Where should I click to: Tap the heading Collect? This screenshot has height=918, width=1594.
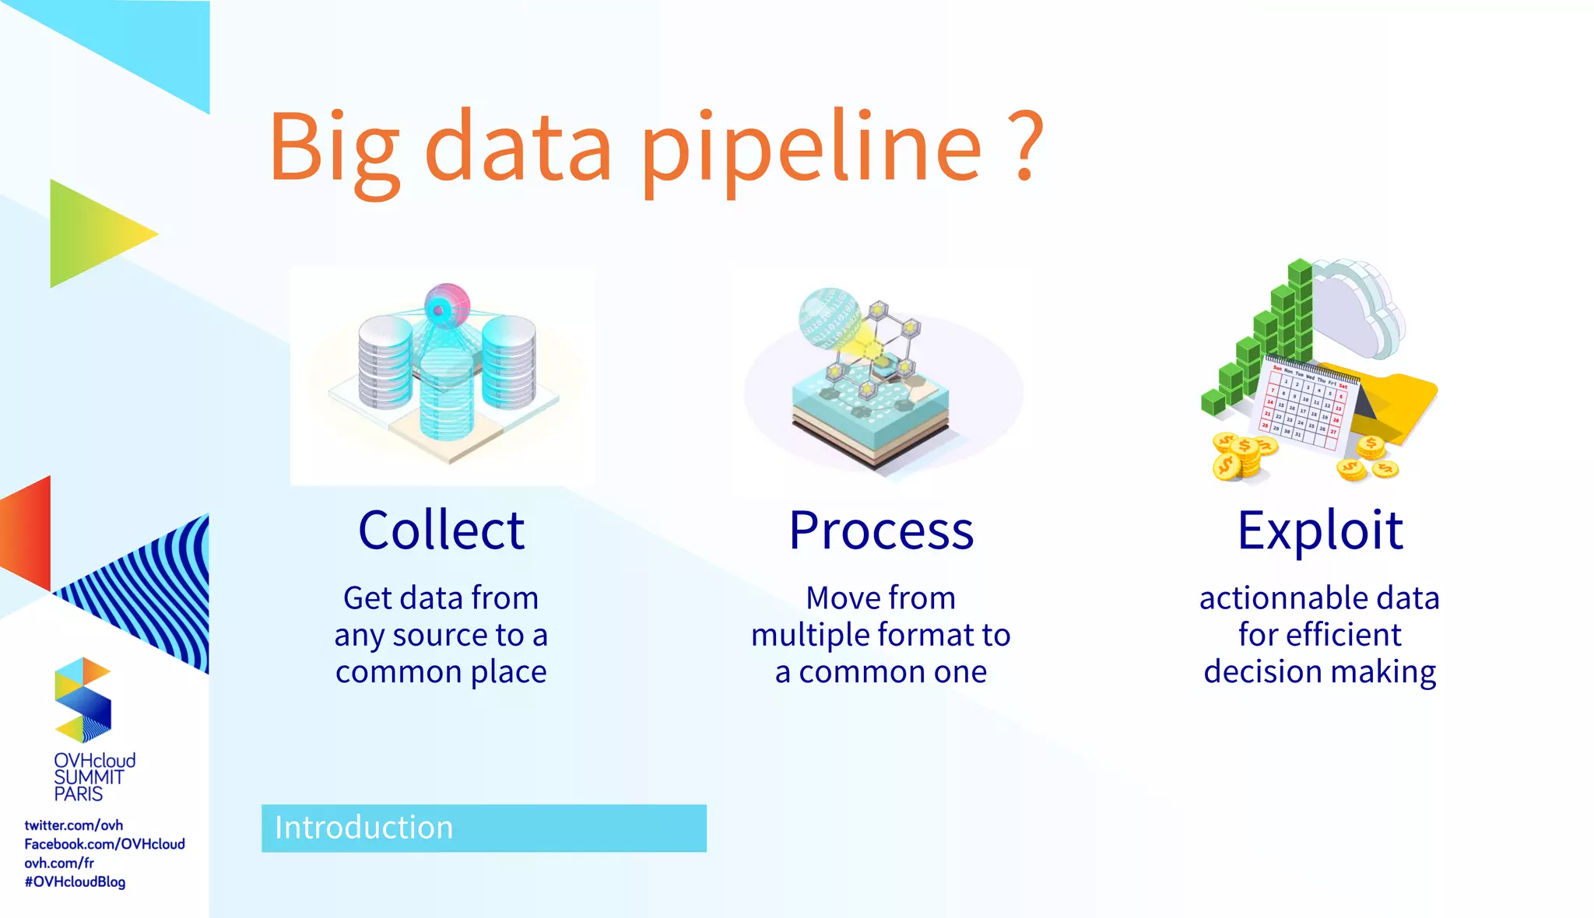(441, 531)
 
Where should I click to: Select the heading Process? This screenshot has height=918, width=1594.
(880, 531)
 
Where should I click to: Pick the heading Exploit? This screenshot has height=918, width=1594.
(1320, 531)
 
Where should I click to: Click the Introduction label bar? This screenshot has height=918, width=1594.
(483, 828)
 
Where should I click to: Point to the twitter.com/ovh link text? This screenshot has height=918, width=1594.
(74, 825)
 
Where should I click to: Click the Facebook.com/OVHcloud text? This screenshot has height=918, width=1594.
(104, 844)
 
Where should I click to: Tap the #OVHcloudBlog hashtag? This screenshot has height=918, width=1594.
(75, 882)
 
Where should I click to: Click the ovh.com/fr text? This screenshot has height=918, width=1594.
(59, 863)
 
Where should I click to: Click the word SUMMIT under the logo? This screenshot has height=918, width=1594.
(89, 777)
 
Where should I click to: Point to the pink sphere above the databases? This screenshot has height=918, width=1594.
(447, 305)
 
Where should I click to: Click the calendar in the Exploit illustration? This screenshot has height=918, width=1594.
(1306, 405)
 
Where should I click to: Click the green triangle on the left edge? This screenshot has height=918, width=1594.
(93, 233)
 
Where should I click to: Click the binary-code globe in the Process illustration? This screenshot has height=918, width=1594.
(828, 317)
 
